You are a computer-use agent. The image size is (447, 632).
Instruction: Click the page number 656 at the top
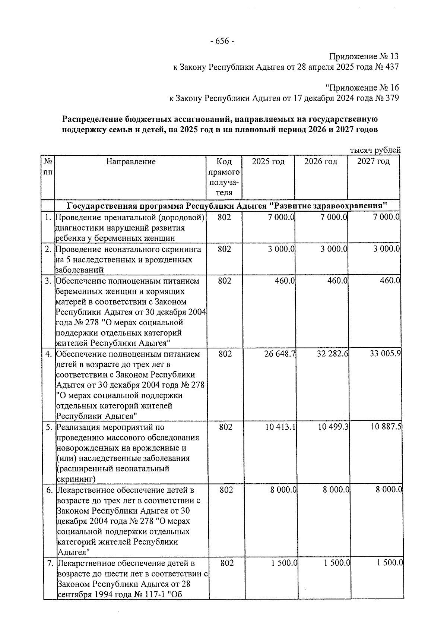click(222, 41)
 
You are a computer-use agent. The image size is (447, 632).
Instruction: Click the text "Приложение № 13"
click(364, 57)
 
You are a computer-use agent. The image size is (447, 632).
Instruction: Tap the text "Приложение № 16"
click(362, 88)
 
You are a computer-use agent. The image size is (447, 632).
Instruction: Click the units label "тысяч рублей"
click(375, 150)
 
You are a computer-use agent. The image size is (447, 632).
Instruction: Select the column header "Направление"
click(131, 162)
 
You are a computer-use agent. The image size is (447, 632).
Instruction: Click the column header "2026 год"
click(320, 162)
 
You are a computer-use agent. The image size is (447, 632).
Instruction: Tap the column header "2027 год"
click(373, 162)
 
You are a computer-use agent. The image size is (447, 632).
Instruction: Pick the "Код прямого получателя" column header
click(224, 177)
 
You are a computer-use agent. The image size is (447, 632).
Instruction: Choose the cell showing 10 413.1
click(280, 427)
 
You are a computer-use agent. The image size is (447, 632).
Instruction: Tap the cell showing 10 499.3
click(333, 427)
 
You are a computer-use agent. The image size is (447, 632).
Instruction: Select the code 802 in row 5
click(226, 427)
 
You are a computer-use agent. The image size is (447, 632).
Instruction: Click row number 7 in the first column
click(51, 563)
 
